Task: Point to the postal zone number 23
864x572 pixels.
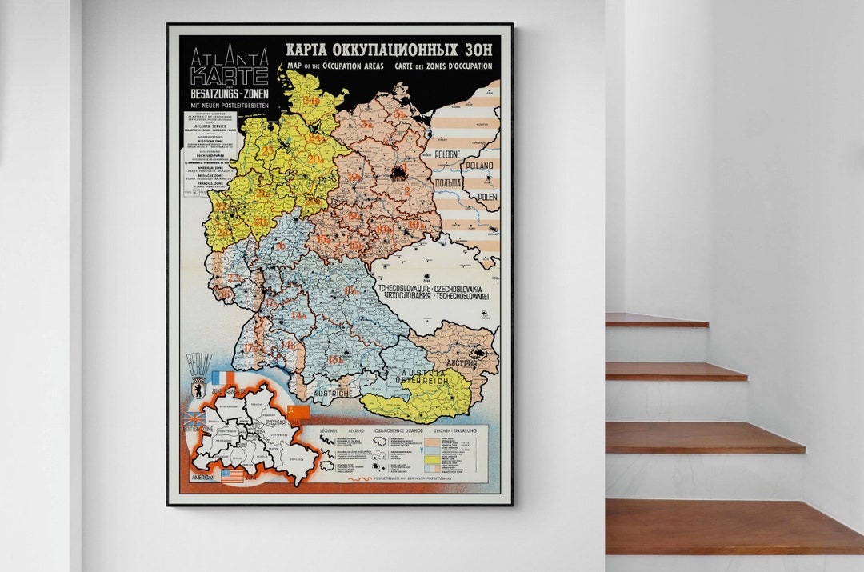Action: tap(269, 150)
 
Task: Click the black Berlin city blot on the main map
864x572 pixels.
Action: tap(398, 171)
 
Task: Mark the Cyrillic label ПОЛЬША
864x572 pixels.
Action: tap(448, 183)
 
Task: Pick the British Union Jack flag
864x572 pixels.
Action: tap(194, 418)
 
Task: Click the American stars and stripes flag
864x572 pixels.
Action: tap(232, 475)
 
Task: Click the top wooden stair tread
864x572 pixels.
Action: tap(656, 320)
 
